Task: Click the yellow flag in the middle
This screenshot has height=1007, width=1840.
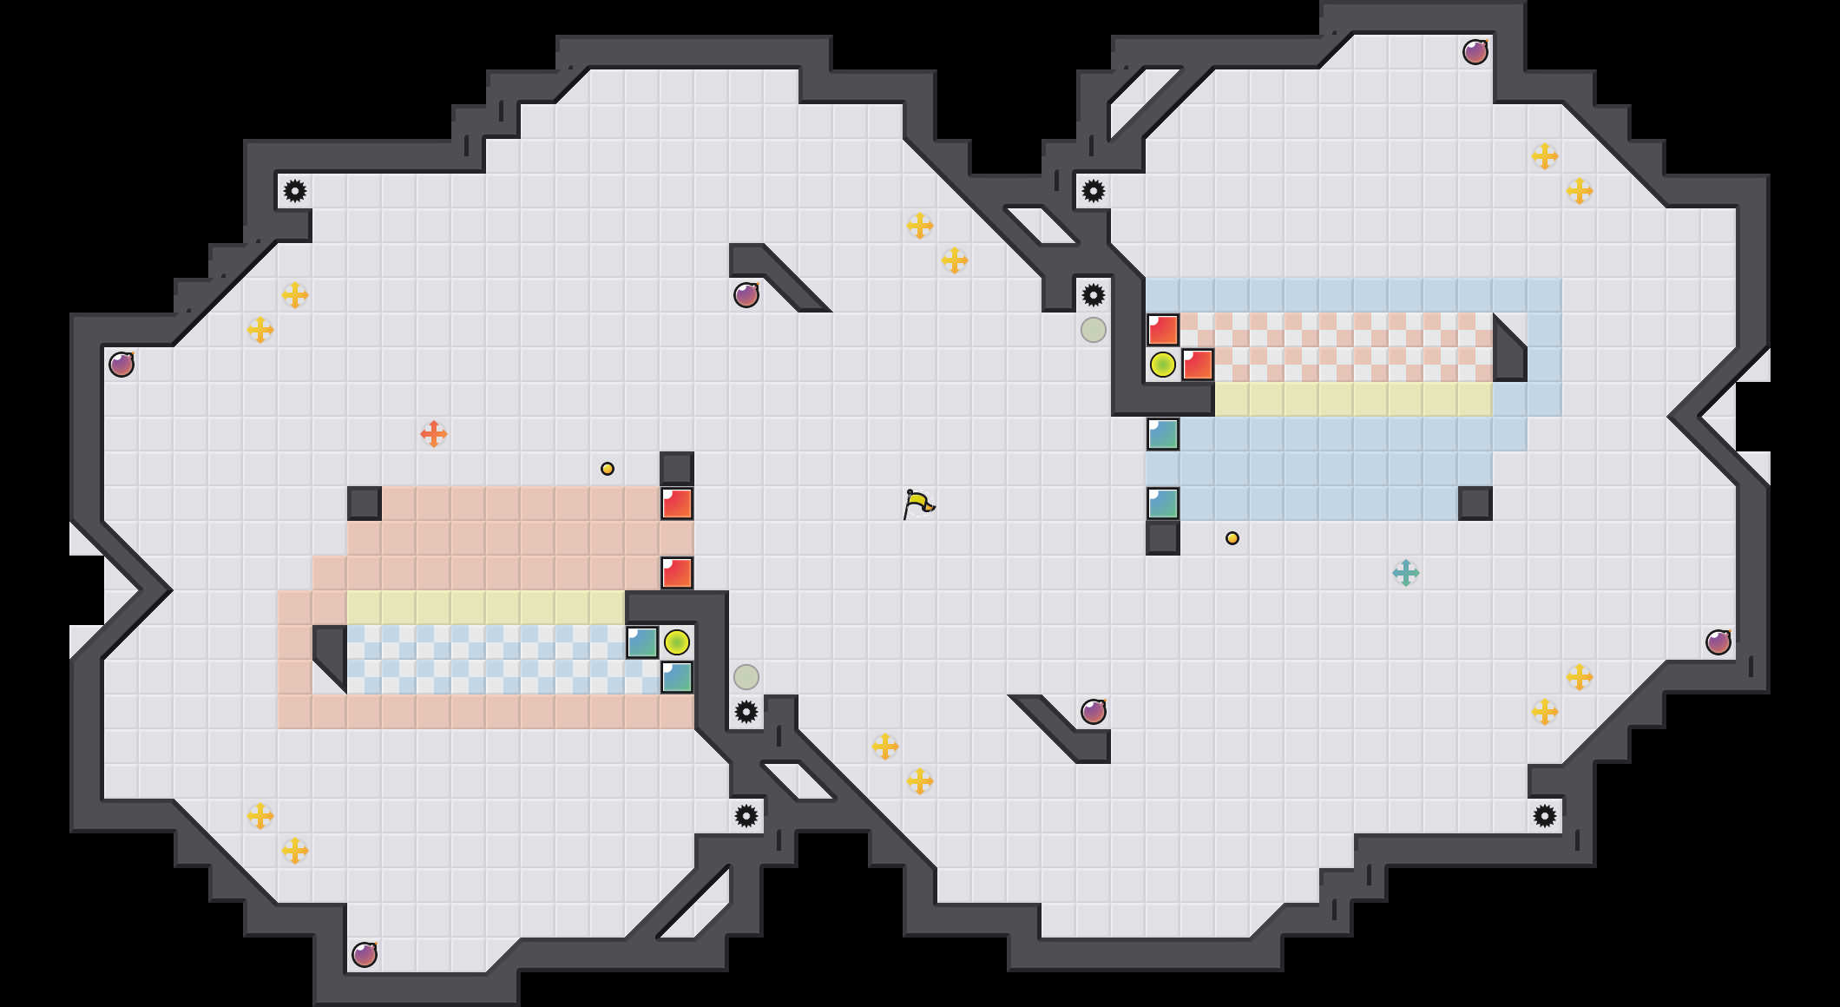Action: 917,503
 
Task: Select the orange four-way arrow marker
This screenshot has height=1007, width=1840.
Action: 434,434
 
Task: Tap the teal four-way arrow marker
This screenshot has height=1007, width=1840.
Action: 1406,573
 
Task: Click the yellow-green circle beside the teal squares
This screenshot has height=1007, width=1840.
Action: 677,642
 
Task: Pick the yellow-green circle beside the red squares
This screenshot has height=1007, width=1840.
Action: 1163,365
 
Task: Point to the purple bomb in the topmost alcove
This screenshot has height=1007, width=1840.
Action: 1475,52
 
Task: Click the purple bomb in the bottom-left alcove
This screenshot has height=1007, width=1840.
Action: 365,955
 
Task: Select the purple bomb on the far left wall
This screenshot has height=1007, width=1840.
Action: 122,365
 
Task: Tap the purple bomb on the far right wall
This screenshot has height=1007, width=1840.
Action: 1718,642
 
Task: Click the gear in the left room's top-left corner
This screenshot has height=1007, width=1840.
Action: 295,191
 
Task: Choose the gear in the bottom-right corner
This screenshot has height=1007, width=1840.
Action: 1545,816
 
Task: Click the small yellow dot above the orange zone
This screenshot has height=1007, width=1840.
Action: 608,469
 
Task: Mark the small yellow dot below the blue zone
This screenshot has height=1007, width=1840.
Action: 1232,538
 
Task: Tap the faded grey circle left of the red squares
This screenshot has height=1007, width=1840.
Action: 1094,330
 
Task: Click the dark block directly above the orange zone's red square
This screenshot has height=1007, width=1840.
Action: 677,469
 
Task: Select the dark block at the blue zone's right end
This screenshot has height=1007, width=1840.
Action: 1475,503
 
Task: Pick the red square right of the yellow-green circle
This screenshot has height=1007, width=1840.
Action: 1198,365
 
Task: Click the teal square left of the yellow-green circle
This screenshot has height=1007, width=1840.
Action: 642,642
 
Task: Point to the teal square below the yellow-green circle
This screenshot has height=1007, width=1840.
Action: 677,677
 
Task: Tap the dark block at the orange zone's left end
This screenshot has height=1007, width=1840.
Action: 365,503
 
